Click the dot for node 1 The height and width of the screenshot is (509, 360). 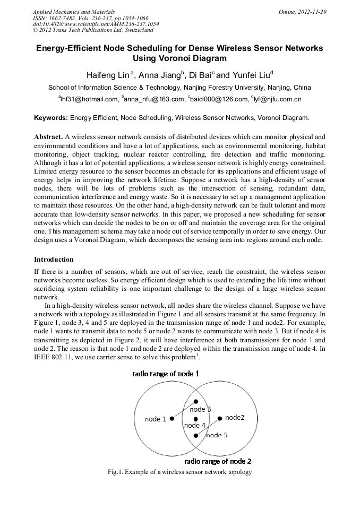point(172,419)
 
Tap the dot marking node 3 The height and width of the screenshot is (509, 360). point(196,401)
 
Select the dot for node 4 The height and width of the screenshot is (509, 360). point(196,419)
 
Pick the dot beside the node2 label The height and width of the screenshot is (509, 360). point(220,418)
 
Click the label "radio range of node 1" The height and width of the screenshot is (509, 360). point(166,374)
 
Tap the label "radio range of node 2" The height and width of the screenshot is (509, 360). point(218,461)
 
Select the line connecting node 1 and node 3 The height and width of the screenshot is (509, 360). point(184,410)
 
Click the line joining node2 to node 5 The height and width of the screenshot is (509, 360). point(208,426)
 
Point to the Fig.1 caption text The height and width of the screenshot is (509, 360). point(179,472)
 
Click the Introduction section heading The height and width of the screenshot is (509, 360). point(54,260)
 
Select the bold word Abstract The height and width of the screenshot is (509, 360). point(48,136)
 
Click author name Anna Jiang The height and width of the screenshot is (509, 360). point(159,74)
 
